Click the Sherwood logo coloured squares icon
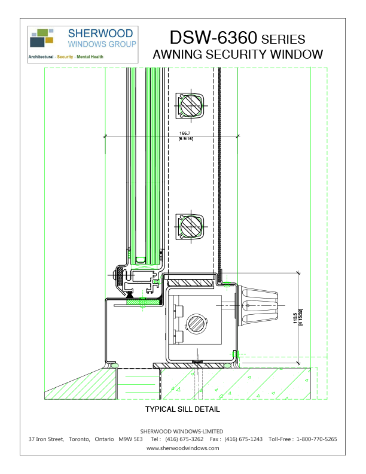pos(42,37)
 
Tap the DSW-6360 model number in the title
pos(213,38)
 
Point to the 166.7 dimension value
pos(185,133)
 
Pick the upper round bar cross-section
pos(190,108)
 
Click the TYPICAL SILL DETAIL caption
pos(183,410)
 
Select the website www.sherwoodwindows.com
pos(183,448)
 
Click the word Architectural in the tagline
pos(41,57)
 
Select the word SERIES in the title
pos(283,39)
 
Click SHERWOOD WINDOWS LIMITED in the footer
pos(182,431)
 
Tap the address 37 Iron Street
pos(46,439)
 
